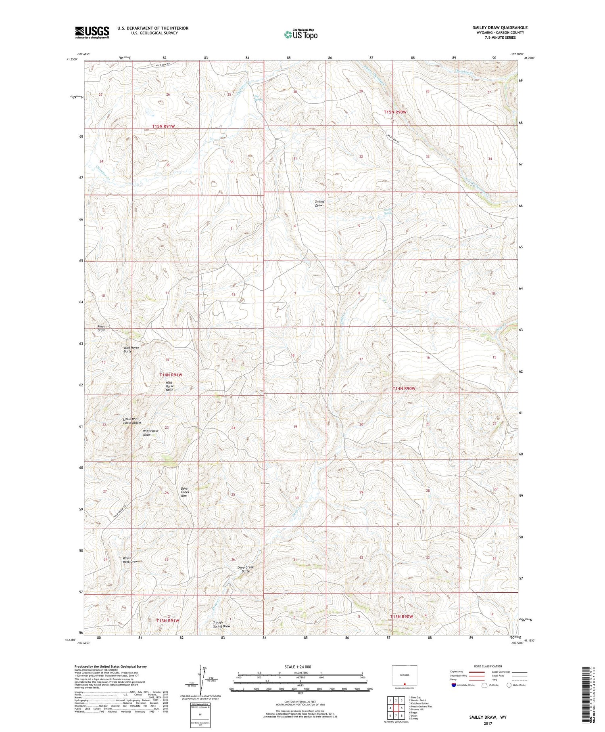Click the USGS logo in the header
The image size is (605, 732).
pos(92,32)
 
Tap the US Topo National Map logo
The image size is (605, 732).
pos(300,34)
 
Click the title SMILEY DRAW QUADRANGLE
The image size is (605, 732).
pos(500,27)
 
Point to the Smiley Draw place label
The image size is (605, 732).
pos(319,203)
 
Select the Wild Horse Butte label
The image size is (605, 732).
pos(127,349)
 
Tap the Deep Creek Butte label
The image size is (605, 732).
pos(246,569)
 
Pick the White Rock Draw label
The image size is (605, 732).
pos(130,560)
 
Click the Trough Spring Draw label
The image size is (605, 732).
pos(221,624)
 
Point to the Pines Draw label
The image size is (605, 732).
pos(101,328)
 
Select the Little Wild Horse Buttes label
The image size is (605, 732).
pos(132,421)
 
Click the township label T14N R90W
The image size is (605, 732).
pos(404,388)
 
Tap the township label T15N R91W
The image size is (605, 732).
pos(163,126)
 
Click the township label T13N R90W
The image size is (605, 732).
pos(401,617)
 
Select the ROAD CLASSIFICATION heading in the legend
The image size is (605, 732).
pos(488,666)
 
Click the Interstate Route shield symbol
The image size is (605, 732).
pos(454,685)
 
